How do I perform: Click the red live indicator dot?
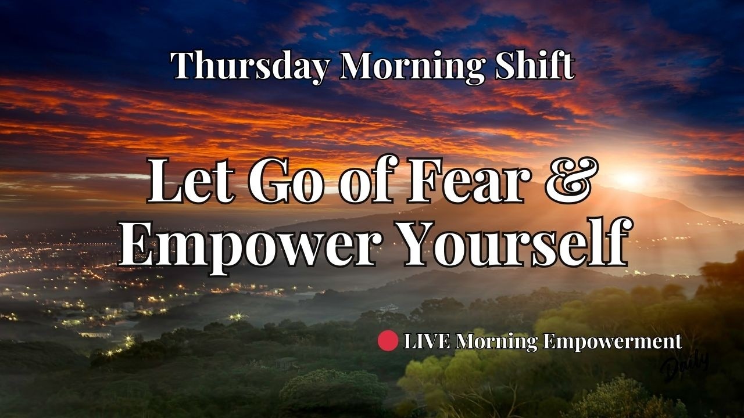pyautogui.click(x=388, y=341)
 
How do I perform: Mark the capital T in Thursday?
pyautogui.click(x=181, y=66)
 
